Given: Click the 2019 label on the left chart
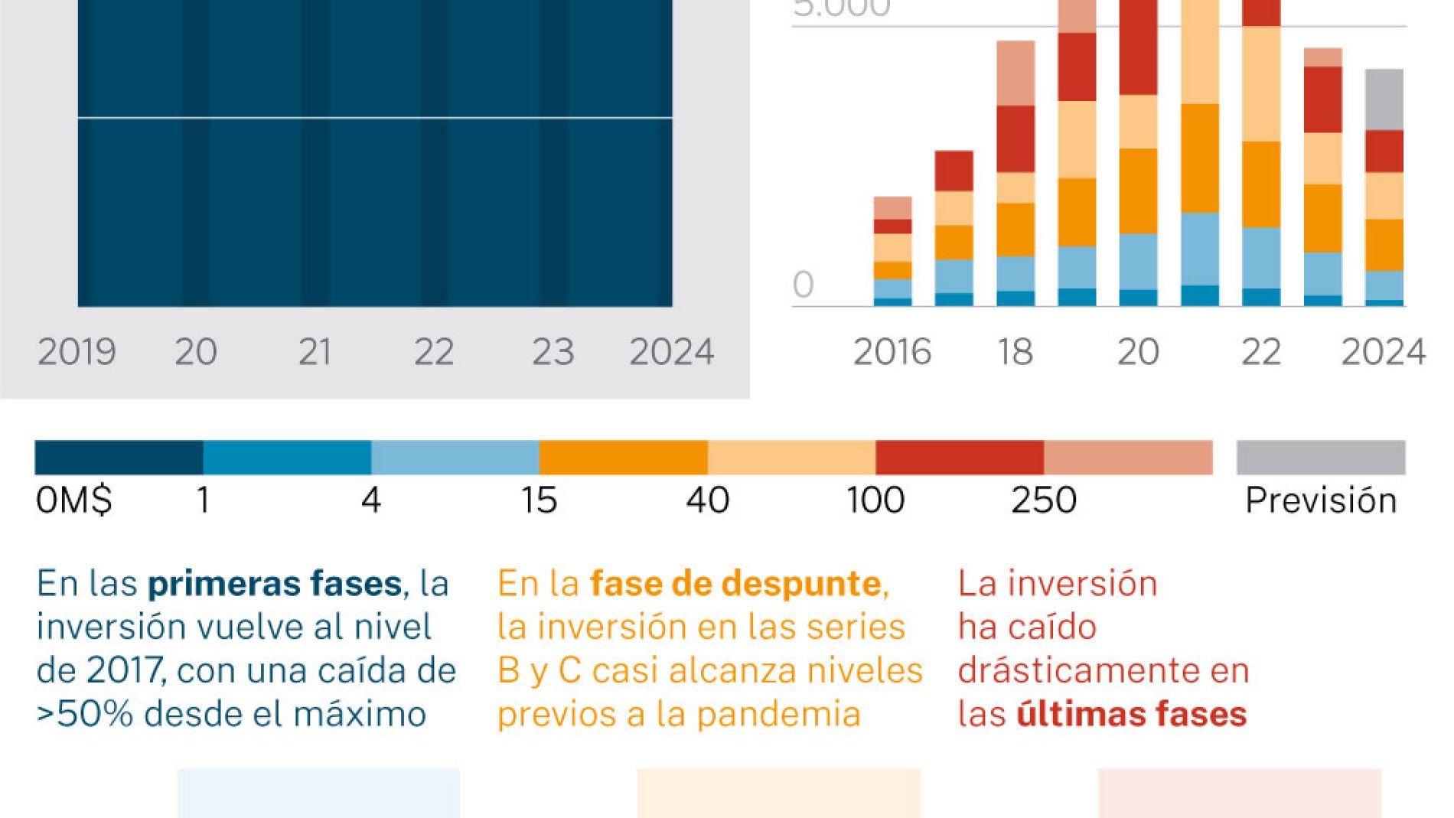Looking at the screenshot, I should click(x=77, y=353).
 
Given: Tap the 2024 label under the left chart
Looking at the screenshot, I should click(x=671, y=353).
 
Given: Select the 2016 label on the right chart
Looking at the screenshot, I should click(x=892, y=353).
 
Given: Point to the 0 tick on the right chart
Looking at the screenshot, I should click(x=803, y=285).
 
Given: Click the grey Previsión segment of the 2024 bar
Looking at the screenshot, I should click(x=1384, y=99).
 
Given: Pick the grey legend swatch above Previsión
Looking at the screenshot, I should click(x=1320, y=458).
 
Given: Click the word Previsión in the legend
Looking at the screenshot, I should click(x=1320, y=500).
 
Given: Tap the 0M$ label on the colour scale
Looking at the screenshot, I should click(x=73, y=500).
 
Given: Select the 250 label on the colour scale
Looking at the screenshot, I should click(x=1044, y=500).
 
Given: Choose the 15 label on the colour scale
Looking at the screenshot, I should click(x=539, y=500).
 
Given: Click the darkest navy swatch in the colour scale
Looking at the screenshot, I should click(x=119, y=458).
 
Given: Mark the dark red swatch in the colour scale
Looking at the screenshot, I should click(x=959, y=458).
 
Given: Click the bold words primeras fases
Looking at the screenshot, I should click(x=274, y=584).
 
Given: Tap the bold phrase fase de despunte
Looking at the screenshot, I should click(x=735, y=584).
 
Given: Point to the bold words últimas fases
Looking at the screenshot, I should click(x=1131, y=715).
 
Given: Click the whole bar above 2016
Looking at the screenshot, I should click(x=892, y=252).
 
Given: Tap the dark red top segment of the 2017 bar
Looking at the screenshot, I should click(x=954, y=171).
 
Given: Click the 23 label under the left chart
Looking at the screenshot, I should click(x=553, y=353).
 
